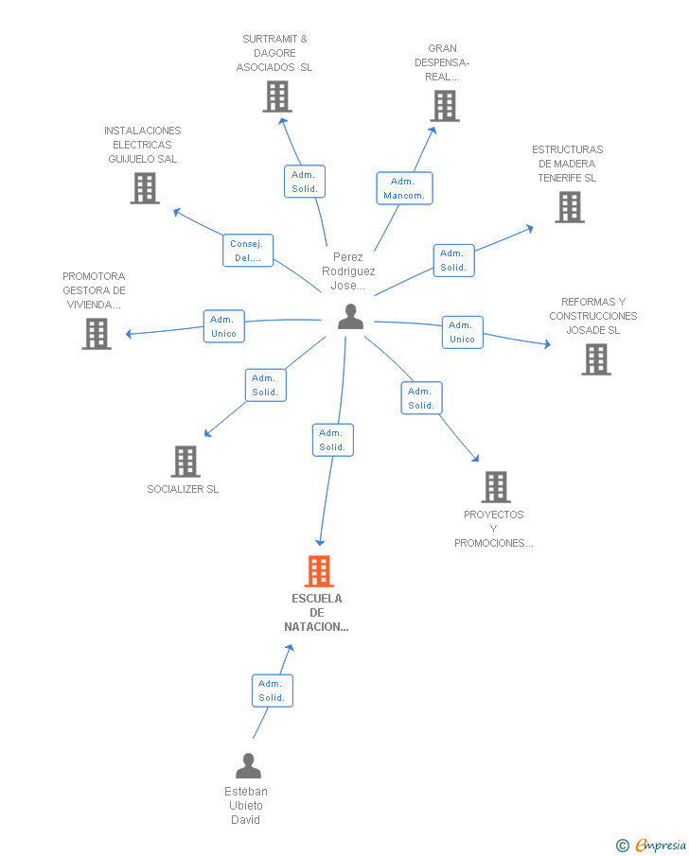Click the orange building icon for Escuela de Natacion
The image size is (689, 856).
(x=319, y=571)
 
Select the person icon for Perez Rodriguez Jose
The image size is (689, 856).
(x=351, y=317)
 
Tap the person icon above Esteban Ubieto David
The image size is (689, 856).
(x=249, y=765)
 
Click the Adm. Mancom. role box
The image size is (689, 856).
(x=404, y=188)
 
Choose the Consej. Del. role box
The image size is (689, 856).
(x=248, y=251)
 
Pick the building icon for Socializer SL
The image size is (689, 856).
(x=185, y=462)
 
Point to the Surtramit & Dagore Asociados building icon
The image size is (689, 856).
(x=277, y=96)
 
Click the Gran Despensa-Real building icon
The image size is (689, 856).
(x=445, y=106)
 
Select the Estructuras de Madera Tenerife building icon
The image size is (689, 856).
(x=570, y=207)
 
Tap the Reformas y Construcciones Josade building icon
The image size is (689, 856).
(x=596, y=359)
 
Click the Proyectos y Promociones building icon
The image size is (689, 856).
(x=496, y=487)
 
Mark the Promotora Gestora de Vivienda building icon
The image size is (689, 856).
(x=97, y=334)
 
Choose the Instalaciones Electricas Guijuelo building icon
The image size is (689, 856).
(x=145, y=188)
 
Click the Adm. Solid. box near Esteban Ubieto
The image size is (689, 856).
(x=273, y=690)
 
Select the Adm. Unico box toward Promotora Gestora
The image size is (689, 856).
(x=224, y=326)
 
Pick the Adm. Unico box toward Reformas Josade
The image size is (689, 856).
(x=462, y=332)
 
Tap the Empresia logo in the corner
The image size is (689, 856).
(x=651, y=845)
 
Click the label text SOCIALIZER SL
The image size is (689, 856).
(x=183, y=489)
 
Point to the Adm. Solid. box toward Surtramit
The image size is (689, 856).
(x=305, y=182)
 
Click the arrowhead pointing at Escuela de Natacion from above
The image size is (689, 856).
(x=320, y=542)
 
